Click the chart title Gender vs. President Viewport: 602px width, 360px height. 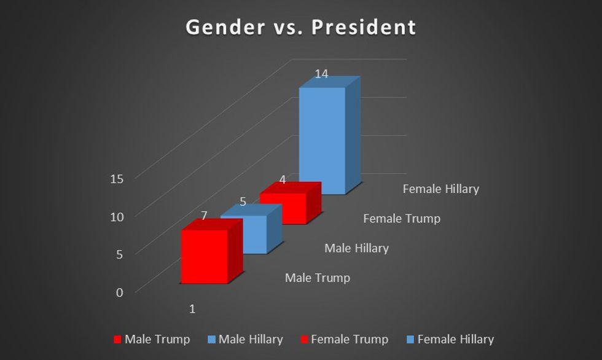(301, 28)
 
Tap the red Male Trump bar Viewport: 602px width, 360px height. (204, 257)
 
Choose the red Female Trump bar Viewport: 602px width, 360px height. (283, 208)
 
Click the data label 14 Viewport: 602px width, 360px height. (321, 74)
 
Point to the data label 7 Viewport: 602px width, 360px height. (204, 215)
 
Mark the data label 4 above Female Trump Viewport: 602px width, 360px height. (283, 179)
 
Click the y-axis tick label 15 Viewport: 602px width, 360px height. (117, 179)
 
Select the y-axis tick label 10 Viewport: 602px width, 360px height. (117, 216)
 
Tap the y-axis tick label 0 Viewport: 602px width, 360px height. (120, 292)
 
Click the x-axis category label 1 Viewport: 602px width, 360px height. (192, 309)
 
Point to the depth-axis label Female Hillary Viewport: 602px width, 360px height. (440, 189)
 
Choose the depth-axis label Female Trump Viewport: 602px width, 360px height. (402, 219)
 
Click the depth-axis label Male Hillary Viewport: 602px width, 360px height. (356, 248)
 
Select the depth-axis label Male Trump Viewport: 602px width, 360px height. (318, 278)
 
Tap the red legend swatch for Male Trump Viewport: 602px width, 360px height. (118, 340)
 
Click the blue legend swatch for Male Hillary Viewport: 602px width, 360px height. (212, 340)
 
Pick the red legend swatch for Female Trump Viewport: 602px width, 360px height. (304, 340)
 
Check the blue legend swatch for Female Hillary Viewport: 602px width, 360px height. (410, 340)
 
